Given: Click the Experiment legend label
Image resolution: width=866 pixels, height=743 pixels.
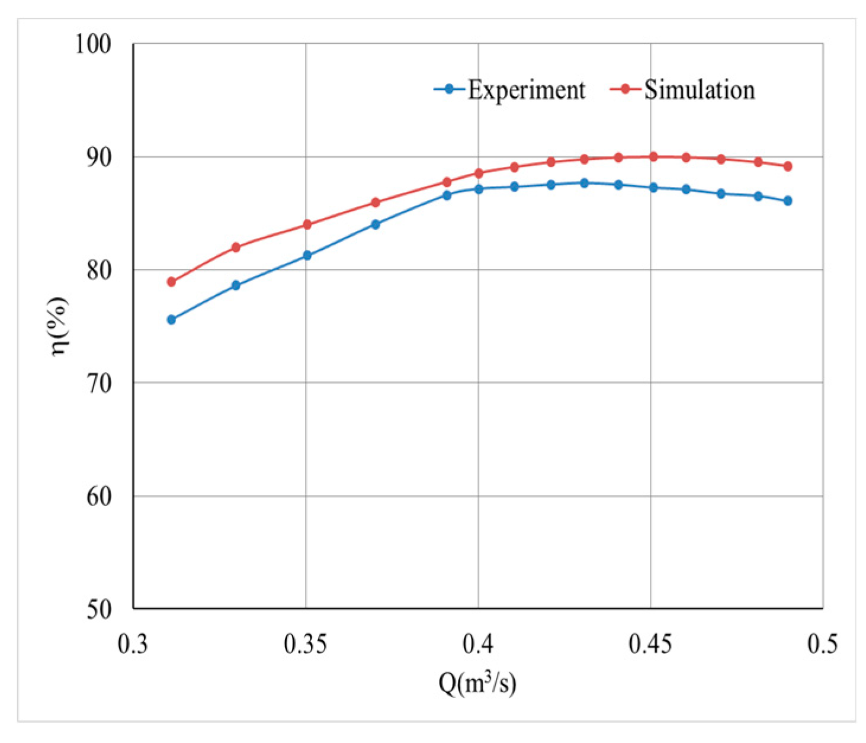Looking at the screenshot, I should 526,90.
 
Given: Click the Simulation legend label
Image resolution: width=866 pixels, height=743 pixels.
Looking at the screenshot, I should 700,90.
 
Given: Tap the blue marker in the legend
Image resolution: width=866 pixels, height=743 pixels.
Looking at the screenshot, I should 449,89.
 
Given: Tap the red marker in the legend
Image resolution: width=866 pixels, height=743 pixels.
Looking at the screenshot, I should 625,89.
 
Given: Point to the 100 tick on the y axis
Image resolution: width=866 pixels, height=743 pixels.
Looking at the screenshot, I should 93,44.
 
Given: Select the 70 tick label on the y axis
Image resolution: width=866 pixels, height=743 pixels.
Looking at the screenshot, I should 98,383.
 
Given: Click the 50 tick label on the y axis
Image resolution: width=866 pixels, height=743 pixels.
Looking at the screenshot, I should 98,609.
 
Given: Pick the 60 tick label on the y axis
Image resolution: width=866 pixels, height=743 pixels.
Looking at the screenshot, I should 98,496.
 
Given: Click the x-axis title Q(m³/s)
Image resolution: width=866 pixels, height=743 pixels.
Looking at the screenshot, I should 477,684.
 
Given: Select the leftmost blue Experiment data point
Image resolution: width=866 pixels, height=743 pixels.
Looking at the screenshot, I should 171,320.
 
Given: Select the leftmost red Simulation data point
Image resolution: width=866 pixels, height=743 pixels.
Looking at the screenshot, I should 171,282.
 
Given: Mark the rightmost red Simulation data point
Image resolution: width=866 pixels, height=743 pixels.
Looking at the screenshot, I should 787,166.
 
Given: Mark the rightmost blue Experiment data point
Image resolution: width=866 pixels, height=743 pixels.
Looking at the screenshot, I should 787,201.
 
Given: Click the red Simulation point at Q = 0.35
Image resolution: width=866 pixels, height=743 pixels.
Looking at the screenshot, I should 307,224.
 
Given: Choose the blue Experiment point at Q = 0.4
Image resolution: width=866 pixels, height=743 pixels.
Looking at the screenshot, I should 478,189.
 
